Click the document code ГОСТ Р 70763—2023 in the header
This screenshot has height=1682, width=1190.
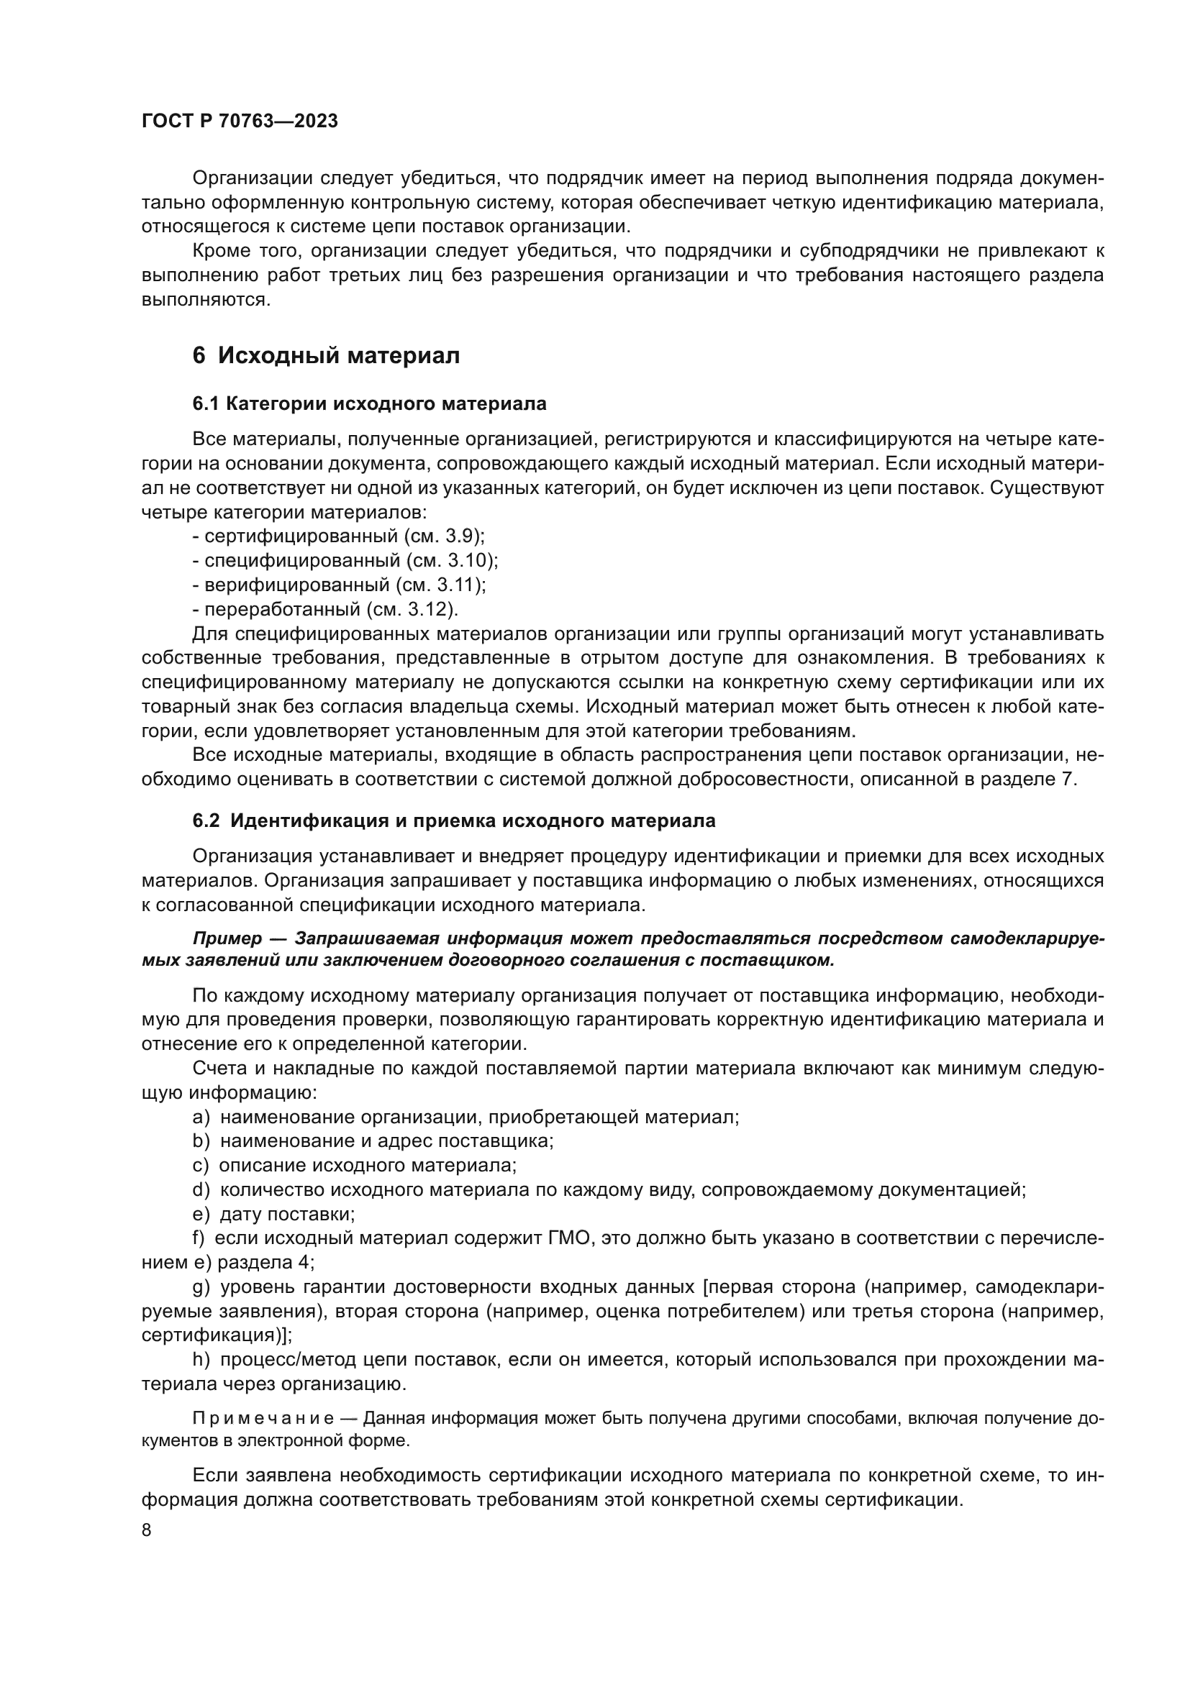[x=240, y=122]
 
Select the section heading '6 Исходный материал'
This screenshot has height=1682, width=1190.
[x=326, y=356]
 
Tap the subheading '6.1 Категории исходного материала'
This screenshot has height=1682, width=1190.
[x=369, y=403]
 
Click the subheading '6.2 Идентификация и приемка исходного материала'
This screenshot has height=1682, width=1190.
[x=453, y=821]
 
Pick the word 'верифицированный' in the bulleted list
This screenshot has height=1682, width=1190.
[x=296, y=585]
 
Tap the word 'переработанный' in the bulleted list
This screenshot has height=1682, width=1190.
[x=283, y=609]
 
